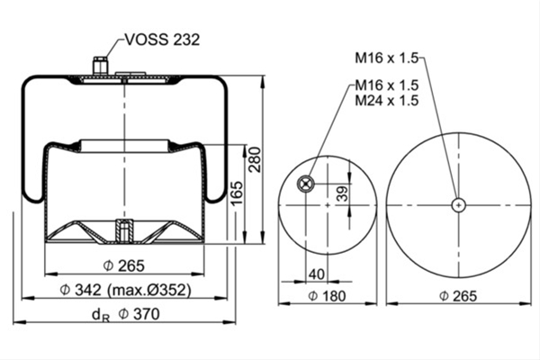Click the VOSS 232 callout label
pos(162,40)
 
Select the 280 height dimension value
pos(256,159)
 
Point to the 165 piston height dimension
pos(237,193)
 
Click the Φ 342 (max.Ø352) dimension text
pos(125,290)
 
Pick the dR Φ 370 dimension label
pos(126,314)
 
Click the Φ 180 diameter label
pos(327,296)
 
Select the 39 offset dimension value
pos(342,194)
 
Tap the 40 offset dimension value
pos(317,274)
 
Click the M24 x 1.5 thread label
pos(387,101)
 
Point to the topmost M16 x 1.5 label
pos(387,58)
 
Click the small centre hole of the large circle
pos(458,205)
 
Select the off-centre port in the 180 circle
pos(305,184)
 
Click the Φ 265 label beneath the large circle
pos(458,296)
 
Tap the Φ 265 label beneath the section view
pos(124,266)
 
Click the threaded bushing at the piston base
pos(124,230)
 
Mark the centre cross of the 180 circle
pos(328,205)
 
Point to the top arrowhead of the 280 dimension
pos(263,81)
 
